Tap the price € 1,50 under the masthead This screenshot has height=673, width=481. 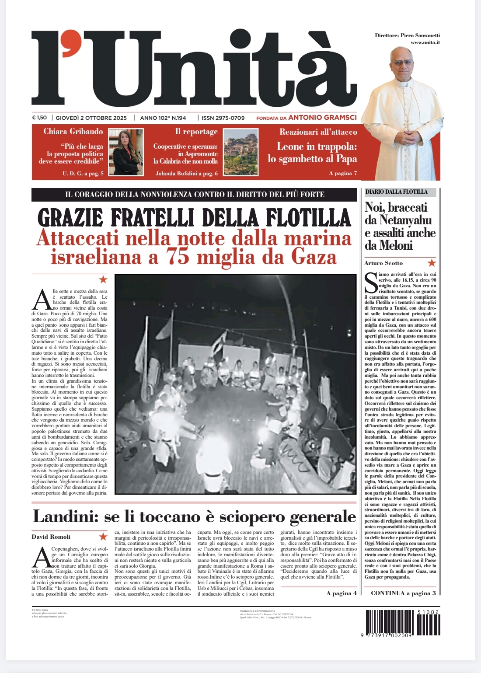[x=39, y=118]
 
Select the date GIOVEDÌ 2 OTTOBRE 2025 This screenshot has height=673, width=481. [x=91, y=118]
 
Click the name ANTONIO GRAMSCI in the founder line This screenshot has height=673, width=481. [x=322, y=117]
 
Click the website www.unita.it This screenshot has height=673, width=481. [x=425, y=42]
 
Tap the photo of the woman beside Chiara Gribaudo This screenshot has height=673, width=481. [x=126, y=152]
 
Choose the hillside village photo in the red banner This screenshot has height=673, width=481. [x=240, y=152]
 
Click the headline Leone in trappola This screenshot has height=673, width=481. [x=317, y=146]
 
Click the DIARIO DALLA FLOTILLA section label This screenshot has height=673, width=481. [x=396, y=192]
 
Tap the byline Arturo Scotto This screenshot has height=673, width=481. [x=383, y=263]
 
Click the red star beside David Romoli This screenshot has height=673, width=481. [x=103, y=536]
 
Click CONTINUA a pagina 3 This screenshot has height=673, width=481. [x=403, y=593]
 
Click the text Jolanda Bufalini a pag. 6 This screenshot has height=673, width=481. [x=186, y=173]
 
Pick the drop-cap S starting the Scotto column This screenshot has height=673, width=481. [x=371, y=282]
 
